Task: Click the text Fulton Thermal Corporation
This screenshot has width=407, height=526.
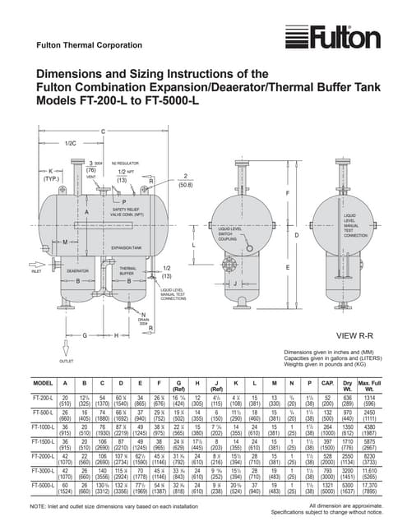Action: pos(80,44)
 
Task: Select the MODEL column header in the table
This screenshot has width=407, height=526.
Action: pos(43,383)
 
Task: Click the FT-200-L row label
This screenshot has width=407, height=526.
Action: pos(43,400)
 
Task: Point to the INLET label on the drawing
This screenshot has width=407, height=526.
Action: pos(36,271)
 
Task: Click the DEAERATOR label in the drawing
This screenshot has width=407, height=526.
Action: pos(77,270)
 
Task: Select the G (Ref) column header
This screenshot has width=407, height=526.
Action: pos(180,385)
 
